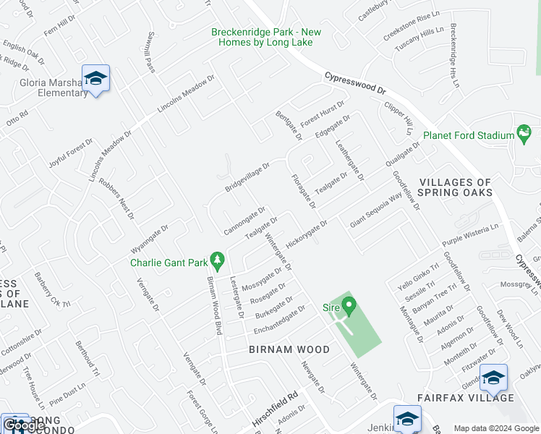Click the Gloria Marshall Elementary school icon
[95, 78]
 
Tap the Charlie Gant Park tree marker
[216, 259]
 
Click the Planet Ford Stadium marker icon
[524, 134]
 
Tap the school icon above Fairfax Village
[493, 378]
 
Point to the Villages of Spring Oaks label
[456, 187]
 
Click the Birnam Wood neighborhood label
[289, 349]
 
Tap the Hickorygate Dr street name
[307, 234]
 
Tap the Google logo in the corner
[24, 426]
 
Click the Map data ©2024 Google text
[496, 428]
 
